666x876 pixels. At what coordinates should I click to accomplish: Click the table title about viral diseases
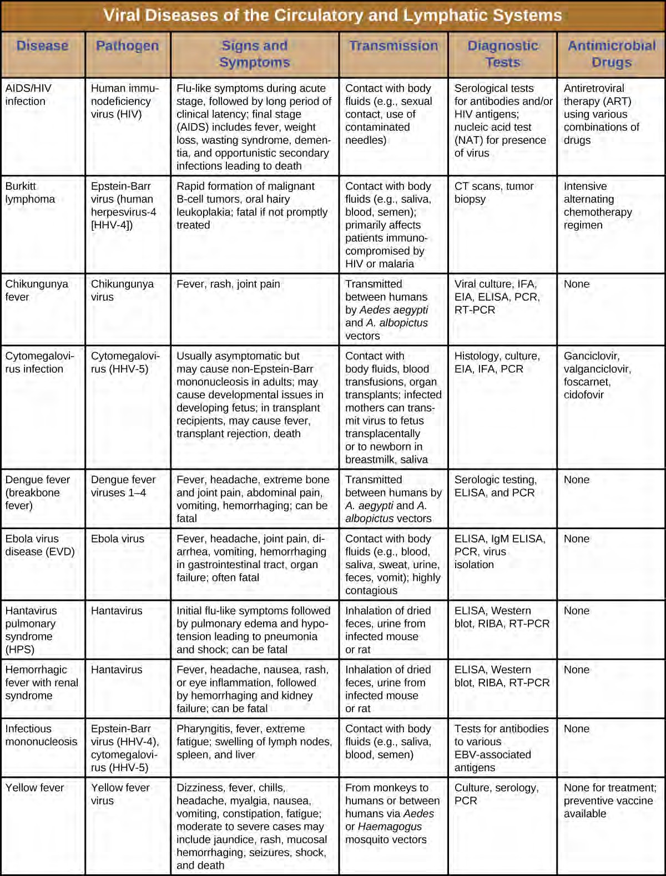pyautogui.click(x=332, y=15)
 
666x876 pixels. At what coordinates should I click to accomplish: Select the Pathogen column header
pyautogui.click(x=127, y=46)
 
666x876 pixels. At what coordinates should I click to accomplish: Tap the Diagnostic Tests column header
pyautogui.click(x=503, y=54)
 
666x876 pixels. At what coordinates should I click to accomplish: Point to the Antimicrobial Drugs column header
pyautogui.click(x=611, y=54)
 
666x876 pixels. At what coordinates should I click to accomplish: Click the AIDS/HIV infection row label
pyautogui.click(x=28, y=95)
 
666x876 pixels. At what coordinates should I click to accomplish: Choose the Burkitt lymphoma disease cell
pyautogui.click(x=31, y=193)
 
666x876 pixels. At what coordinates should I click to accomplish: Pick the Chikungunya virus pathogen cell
pyautogui.click(x=122, y=290)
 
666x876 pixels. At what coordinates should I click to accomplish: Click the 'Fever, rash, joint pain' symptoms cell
pyautogui.click(x=228, y=284)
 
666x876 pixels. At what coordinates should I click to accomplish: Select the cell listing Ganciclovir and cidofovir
pyautogui.click(x=592, y=375)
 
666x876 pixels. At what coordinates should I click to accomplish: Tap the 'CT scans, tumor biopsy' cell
pyautogui.click(x=494, y=193)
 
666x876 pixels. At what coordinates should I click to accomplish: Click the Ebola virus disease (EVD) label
pyautogui.click(x=40, y=545)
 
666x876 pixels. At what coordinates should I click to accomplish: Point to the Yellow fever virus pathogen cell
pyautogui.click(x=120, y=794)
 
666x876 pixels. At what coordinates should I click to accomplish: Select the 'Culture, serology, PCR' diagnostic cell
pyautogui.click(x=496, y=794)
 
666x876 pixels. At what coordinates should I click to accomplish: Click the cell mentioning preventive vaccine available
pyautogui.click(x=609, y=801)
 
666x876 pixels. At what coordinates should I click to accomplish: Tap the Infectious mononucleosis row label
pyautogui.click(x=41, y=735)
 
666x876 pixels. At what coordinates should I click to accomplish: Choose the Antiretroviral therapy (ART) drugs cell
pyautogui.click(x=601, y=114)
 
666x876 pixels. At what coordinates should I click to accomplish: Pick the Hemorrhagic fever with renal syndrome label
pyautogui.click(x=42, y=682)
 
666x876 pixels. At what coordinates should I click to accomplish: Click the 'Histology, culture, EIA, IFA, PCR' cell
pyautogui.click(x=497, y=362)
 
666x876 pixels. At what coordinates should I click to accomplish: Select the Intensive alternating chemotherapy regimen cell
pyautogui.click(x=597, y=205)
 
